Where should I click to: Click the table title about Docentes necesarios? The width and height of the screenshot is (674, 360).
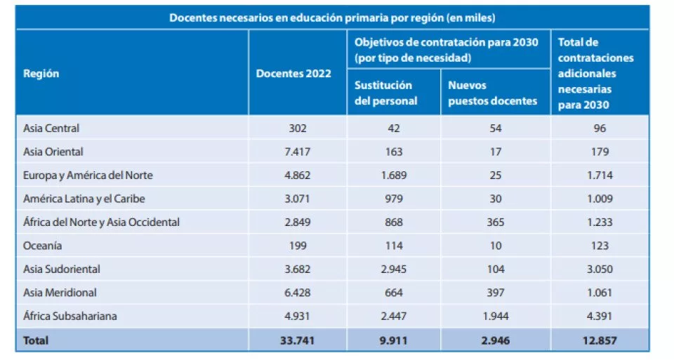coord(332,18)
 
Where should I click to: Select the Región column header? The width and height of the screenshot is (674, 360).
coord(41,74)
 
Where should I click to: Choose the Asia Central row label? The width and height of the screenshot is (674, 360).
coord(51,128)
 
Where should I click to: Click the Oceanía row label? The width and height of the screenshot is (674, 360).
coord(43,246)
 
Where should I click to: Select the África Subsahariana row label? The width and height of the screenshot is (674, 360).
coord(70,316)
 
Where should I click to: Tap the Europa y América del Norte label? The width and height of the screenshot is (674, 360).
coord(88,175)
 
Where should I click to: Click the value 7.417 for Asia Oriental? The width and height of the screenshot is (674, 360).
coord(298,152)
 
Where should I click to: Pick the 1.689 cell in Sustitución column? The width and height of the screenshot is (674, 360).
coord(393,175)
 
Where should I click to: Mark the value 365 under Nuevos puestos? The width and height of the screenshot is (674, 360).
coord(495,222)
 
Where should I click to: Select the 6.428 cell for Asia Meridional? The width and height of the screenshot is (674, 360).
coord(298,292)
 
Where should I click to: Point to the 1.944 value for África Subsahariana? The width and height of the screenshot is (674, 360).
coord(495,316)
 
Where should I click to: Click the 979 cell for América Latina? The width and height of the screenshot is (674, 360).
coord(393,199)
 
